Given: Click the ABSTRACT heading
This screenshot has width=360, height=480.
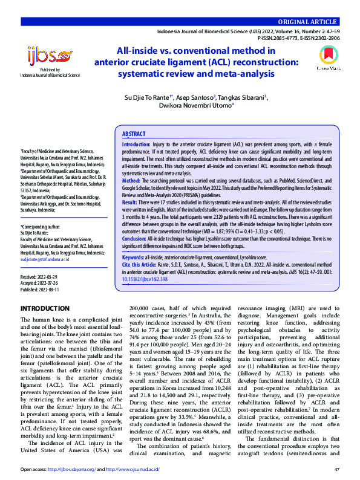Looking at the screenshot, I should click(x=134, y=134).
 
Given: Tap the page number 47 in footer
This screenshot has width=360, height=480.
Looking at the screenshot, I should click(x=336, y=469).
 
